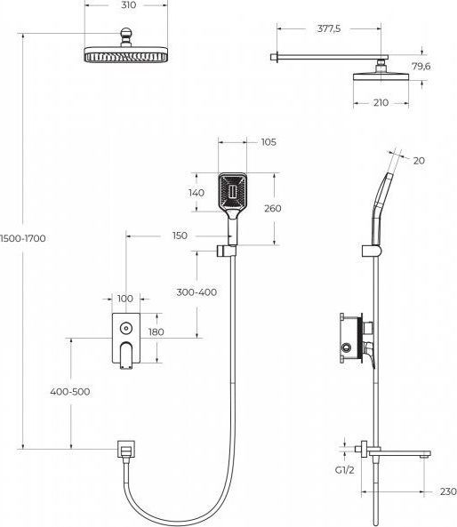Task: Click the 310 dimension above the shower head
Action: (x=128, y=5)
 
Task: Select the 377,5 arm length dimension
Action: (x=329, y=29)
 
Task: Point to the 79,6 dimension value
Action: (x=421, y=67)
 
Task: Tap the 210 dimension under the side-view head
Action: (x=381, y=102)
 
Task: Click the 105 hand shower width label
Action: (x=269, y=142)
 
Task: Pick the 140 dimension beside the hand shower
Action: (x=196, y=193)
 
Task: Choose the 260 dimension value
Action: (x=272, y=208)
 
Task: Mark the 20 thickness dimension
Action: (x=419, y=161)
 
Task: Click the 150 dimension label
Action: (x=180, y=236)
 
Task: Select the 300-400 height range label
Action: (x=196, y=292)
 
